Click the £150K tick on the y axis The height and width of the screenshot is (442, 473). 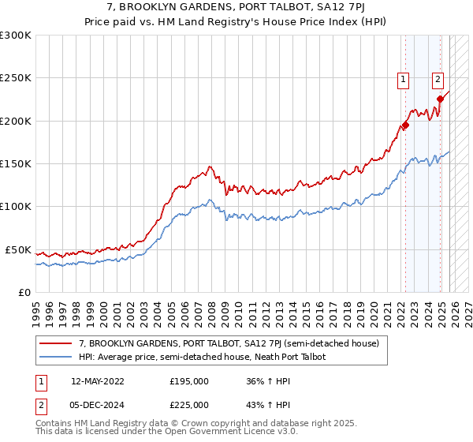(16, 163)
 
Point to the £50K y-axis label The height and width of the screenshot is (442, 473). (18, 249)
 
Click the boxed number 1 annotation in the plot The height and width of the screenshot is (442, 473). (404, 78)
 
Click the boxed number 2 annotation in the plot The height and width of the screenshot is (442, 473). (437, 78)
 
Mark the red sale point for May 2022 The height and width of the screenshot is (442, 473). (405, 125)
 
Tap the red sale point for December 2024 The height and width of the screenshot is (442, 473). (440, 99)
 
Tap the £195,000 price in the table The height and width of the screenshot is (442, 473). (189, 380)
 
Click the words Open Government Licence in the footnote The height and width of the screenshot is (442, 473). (223, 432)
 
